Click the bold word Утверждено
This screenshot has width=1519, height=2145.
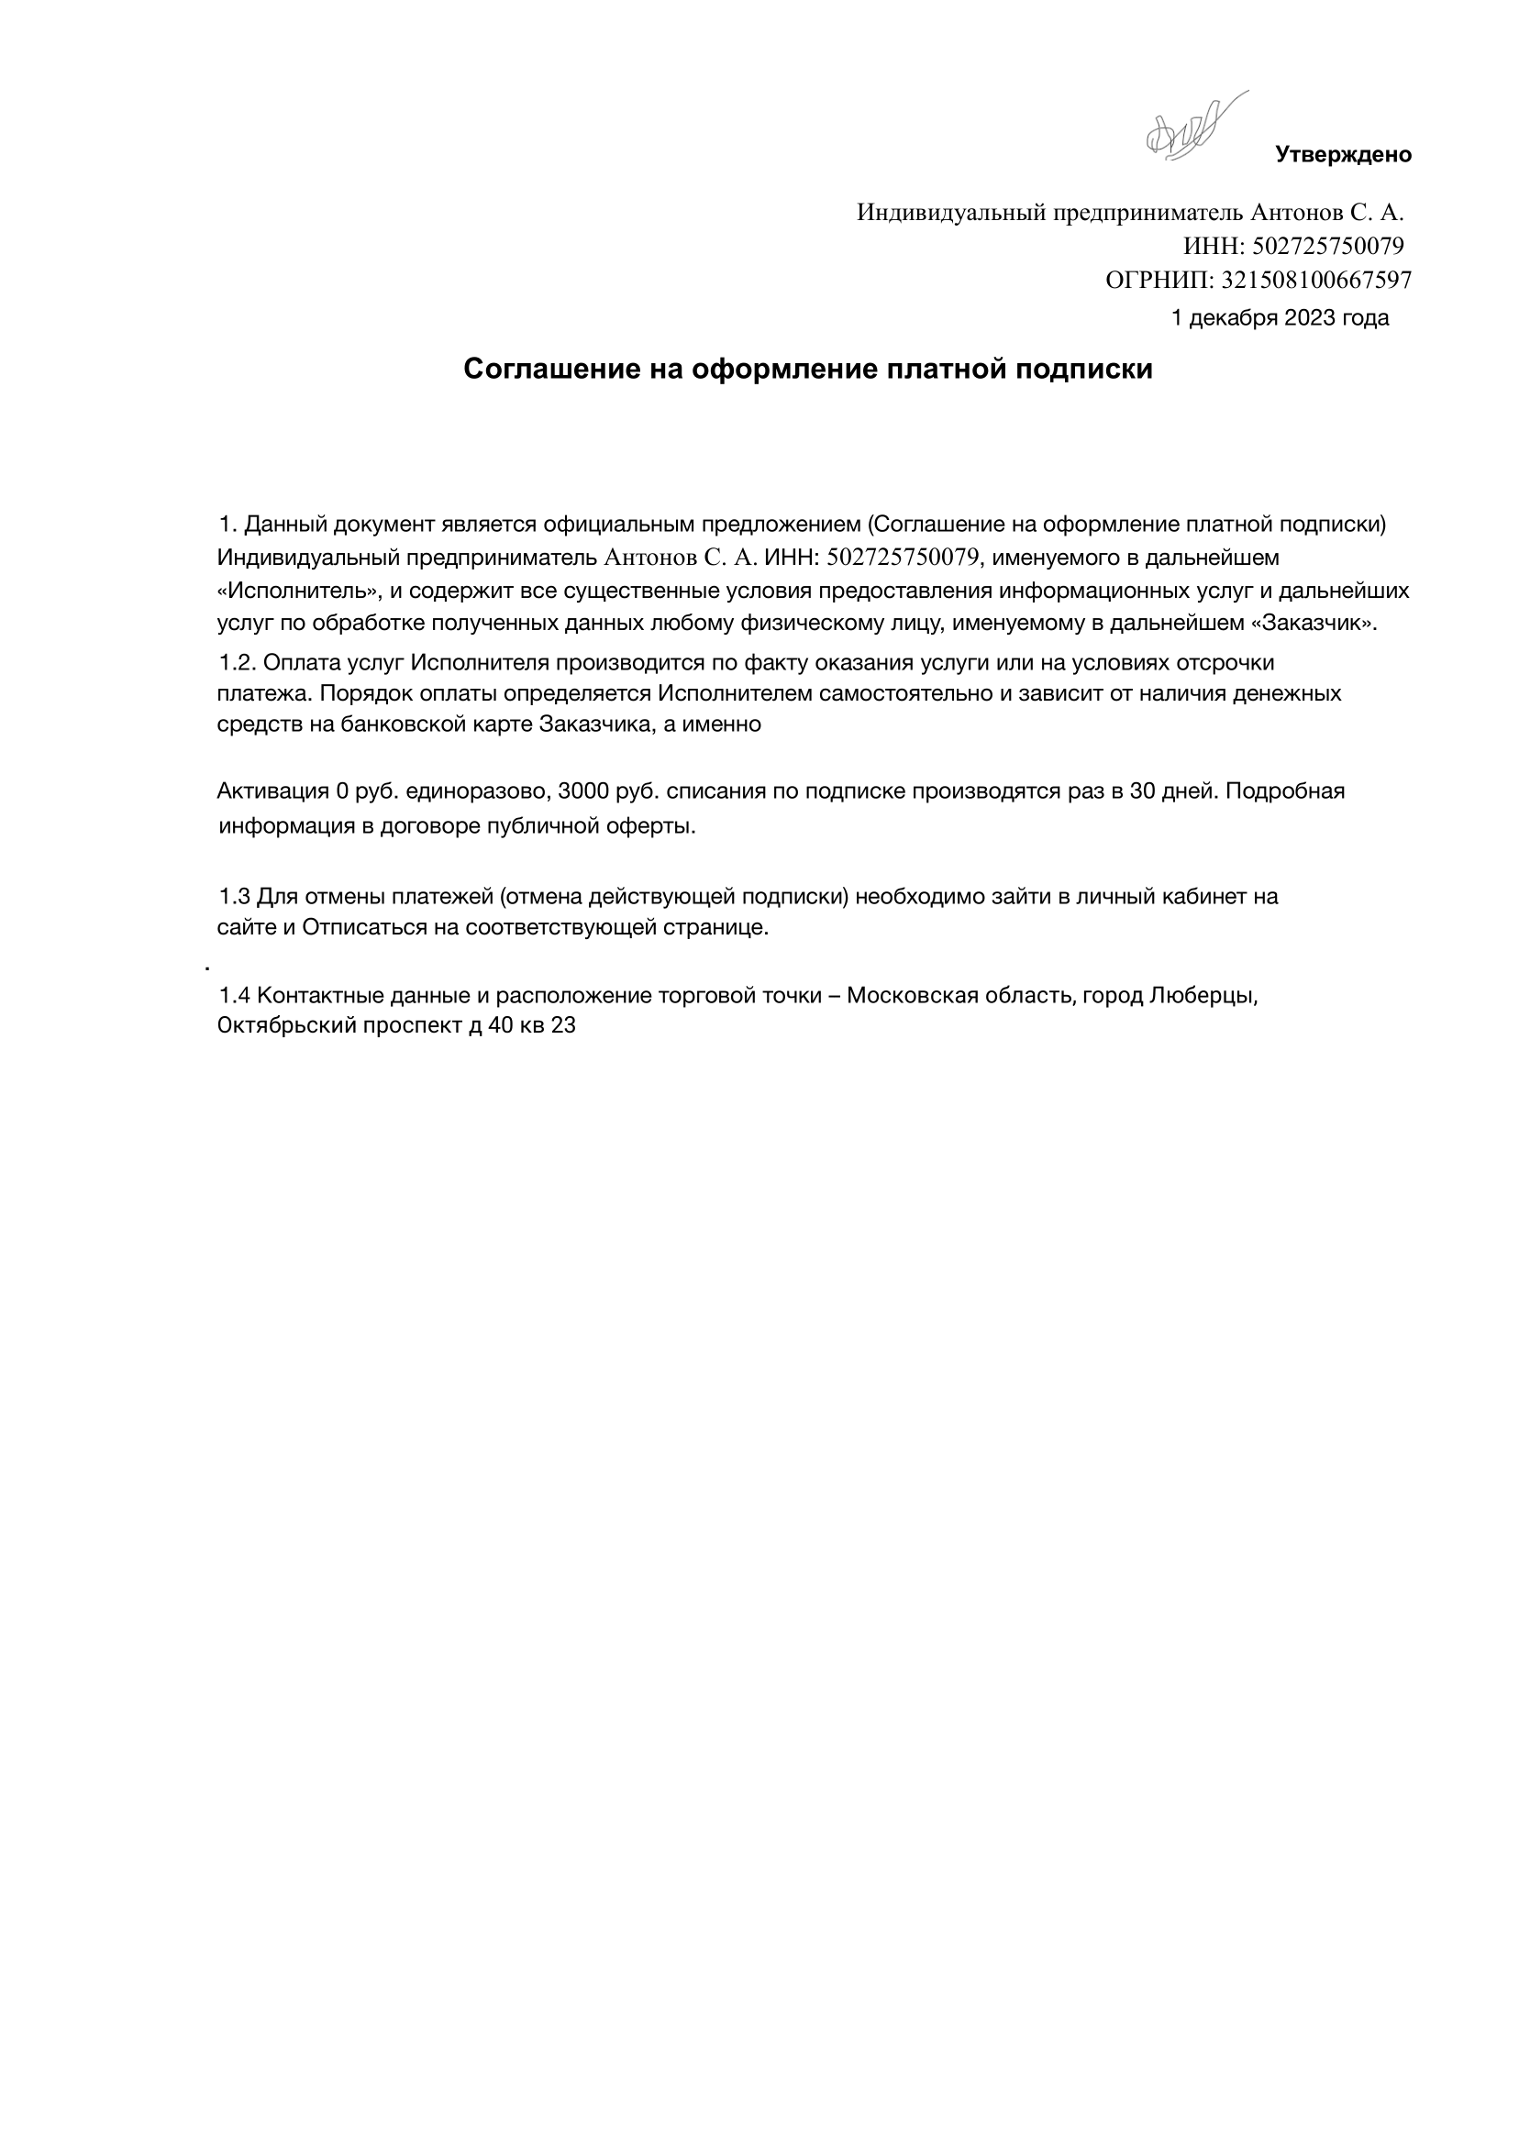[x=1343, y=155]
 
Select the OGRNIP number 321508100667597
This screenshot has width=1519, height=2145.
[x=1316, y=280]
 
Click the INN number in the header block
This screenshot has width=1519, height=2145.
[x=1327, y=246]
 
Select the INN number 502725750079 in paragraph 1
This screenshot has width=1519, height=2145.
[x=903, y=558]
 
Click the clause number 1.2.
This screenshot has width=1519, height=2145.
[x=238, y=663]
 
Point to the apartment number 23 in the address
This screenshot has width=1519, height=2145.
[x=563, y=1026]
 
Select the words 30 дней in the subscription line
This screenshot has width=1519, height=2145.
[x=1171, y=792]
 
